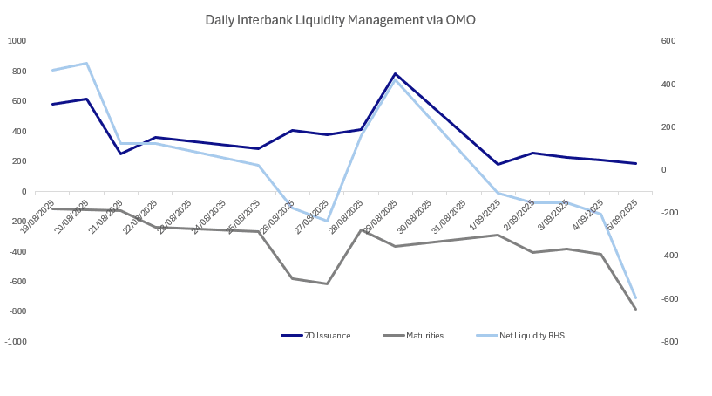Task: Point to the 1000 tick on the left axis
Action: pyautogui.click(x=17, y=41)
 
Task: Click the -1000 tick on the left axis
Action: pyautogui.click(x=16, y=342)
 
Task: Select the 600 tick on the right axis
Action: pyautogui.click(x=645, y=41)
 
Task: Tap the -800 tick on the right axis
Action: pyautogui.click(x=647, y=342)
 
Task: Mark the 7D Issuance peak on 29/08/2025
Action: pyautogui.click(x=395, y=74)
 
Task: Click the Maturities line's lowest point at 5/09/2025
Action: pyautogui.click(x=635, y=309)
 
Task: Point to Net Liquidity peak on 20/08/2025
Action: pyautogui.click(x=86, y=63)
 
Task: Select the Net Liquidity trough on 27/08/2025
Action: pyautogui.click(x=327, y=221)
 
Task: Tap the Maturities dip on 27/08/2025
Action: pyautogui.click(x=327, y=283)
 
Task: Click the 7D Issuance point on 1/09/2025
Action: pyautogui.click(x=498, y=164)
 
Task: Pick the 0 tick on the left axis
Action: pyautogui.click(x=24, y=191)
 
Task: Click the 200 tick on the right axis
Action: pyautogui.click(x=645, y=127)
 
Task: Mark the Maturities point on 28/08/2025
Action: pyautogui.click(x=361, y=229)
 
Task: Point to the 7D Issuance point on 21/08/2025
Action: pyautogui.click(x=121, y=154)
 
